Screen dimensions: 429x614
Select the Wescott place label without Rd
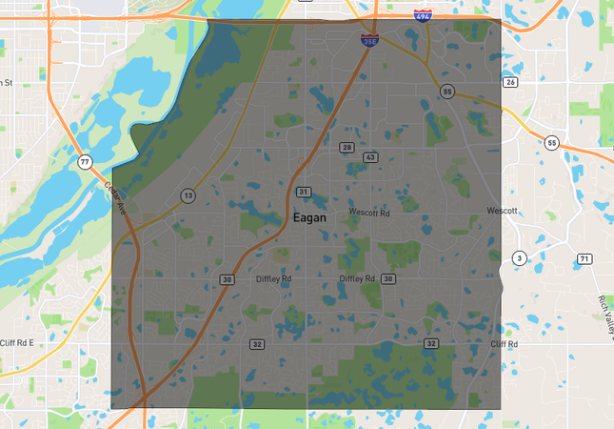[x=502, y=211]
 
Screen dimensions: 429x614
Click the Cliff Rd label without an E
[x=504, y=343]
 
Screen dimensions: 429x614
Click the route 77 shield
[x=86, y=162]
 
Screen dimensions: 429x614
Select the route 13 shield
[x=188, y=195]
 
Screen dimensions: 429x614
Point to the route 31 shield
[x=304, y=193]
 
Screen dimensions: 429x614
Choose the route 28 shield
[x=347, y=147]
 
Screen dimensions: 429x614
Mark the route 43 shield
[x=370, y=156]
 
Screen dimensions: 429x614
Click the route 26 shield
[x=511, y=83]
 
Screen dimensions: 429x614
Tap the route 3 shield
[x=519, y=258]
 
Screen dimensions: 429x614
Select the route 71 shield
[x=584, y=259]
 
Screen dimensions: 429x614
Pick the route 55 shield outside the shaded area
[x=551, y=143]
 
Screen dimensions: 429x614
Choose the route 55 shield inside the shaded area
[x=446, y=91]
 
